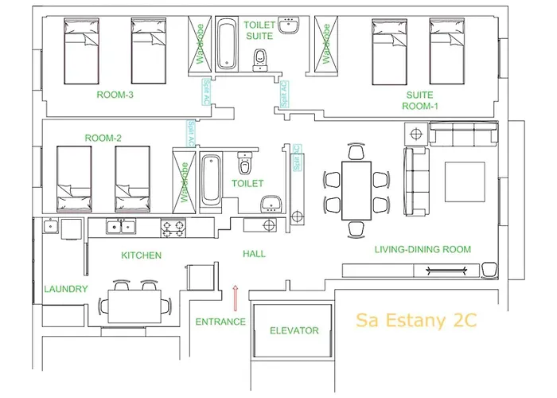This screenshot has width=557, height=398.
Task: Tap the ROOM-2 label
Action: click(x=103, y=138)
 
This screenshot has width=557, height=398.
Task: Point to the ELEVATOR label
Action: click(x=294, y=330)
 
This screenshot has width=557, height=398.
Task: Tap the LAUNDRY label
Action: click(x=65, y=289)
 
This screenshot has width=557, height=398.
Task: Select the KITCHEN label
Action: click(x=141, y=256)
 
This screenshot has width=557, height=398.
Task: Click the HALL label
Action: click(x=254, y=254)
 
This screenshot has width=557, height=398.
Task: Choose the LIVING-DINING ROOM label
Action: click(x=423, y=249)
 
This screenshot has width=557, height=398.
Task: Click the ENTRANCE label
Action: click(x=220, y=322)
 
